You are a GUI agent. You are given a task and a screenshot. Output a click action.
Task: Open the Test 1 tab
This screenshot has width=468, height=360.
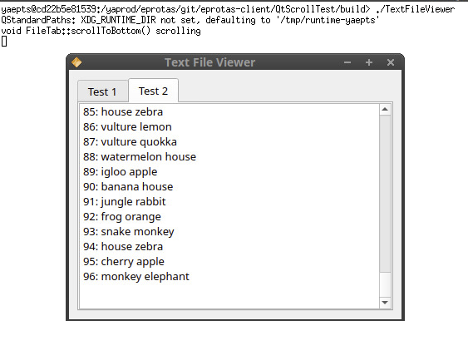(103, 91)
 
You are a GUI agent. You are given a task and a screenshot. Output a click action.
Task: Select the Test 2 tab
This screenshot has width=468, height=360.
(154, 91)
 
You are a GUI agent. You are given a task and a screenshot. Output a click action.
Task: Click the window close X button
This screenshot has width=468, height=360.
(391, 62)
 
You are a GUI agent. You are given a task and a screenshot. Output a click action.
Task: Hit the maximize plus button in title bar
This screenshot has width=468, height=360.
(369, 62)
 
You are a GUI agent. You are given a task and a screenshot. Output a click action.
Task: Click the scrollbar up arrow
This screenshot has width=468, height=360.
(385, 110)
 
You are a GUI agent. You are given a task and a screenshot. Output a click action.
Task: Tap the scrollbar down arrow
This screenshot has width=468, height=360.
(385, 303)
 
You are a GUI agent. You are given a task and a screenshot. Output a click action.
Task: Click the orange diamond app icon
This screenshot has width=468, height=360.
(76, 62)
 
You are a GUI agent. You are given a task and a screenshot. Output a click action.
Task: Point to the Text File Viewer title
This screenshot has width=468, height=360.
(209, 62)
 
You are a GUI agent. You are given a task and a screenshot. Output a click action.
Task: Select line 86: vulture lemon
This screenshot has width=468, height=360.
(127, 127)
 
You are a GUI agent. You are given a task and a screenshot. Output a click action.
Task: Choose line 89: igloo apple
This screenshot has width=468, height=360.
(121, 172)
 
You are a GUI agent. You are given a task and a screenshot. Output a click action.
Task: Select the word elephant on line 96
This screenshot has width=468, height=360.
(166, 277)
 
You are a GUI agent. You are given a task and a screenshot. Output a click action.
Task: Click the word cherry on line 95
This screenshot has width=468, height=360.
(116, 262)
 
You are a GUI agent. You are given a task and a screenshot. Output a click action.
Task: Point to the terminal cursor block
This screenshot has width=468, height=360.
(4, 42)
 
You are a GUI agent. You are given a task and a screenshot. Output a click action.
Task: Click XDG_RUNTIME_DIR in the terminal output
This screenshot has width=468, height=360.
(119, 20)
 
